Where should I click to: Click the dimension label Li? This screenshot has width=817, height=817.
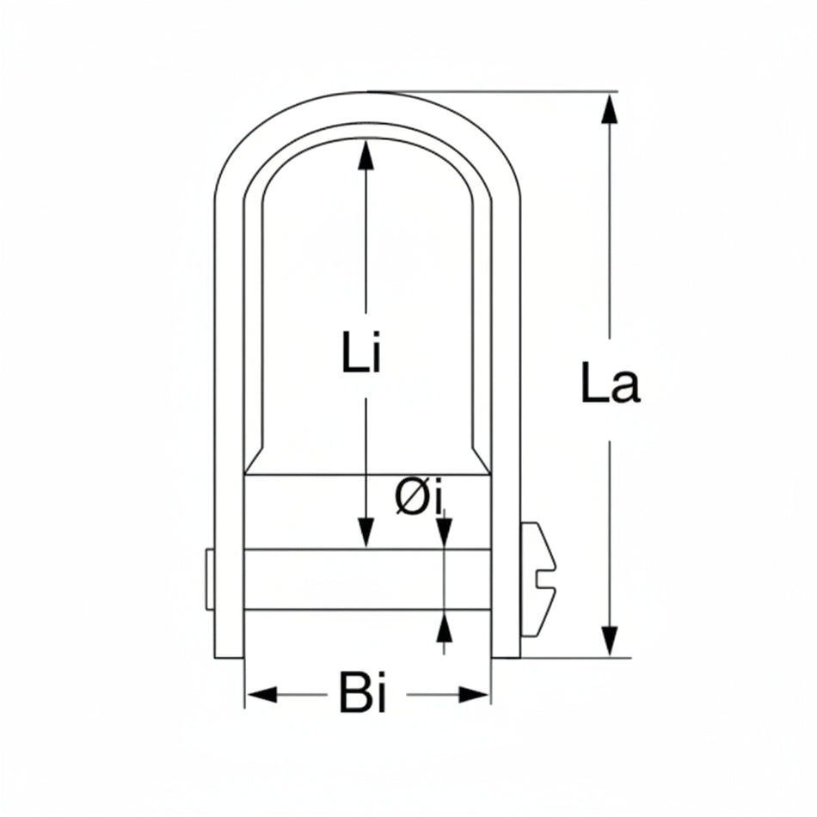[360, 353]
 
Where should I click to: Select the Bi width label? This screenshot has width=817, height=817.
[362, 695]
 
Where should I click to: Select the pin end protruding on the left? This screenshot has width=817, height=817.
[209, 580]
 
